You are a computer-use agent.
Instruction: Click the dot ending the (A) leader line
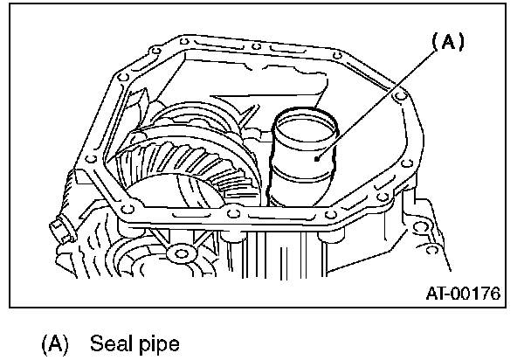pyautogui.click(x=321, y=155)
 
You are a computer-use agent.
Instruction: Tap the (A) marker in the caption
pyautogui.click(x=55, y=343)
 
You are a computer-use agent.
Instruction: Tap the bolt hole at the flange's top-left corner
pyautogui.click(x=181, y=40)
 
